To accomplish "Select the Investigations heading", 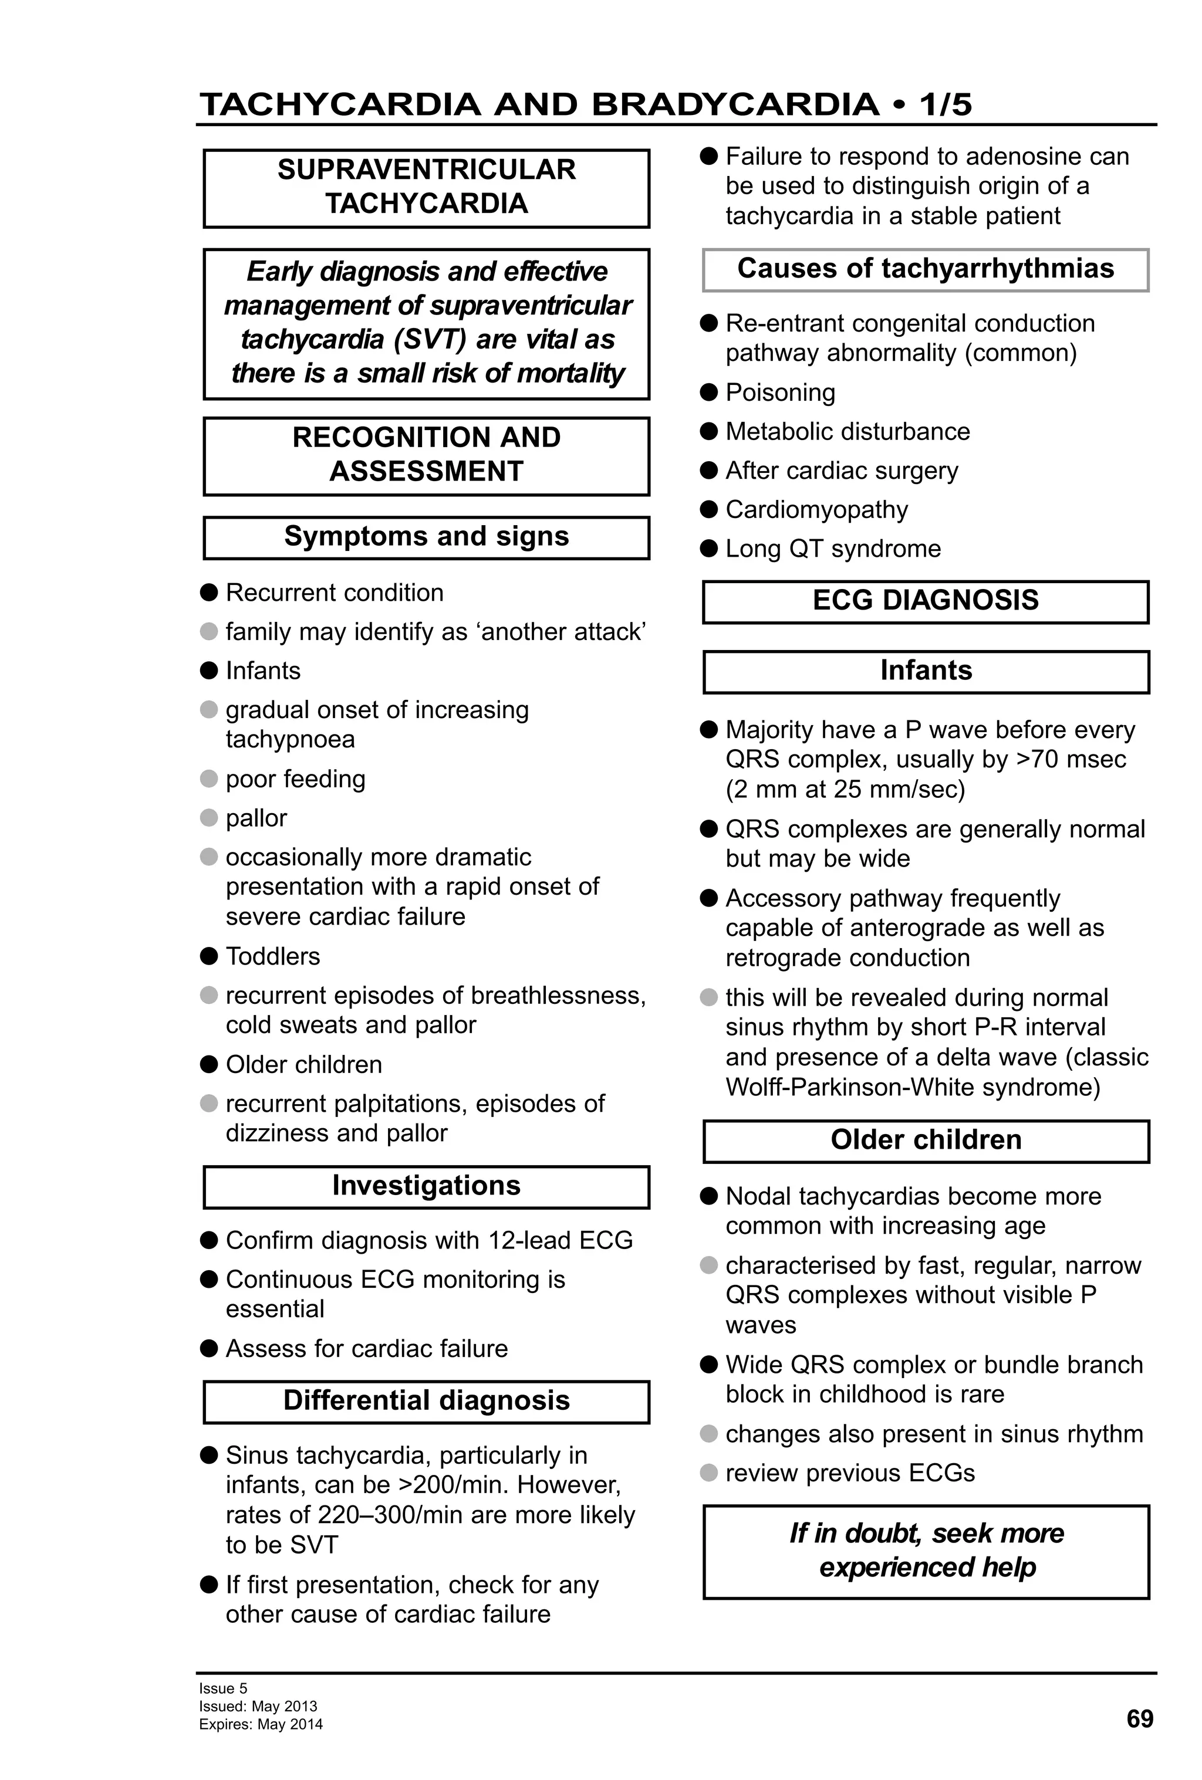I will (x=426, y=1185).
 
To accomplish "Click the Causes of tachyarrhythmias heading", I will (x=926, y=269).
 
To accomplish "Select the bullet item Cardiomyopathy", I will (x=816, y=509).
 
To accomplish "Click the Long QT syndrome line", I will (x=833, y=549).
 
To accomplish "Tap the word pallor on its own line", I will (x=256, y=818).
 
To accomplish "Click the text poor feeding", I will (x=295, y=779).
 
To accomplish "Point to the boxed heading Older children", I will (x=926, y=1140).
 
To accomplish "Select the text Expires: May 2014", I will (x=261, y=1724).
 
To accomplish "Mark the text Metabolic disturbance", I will (x=848, y=431).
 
